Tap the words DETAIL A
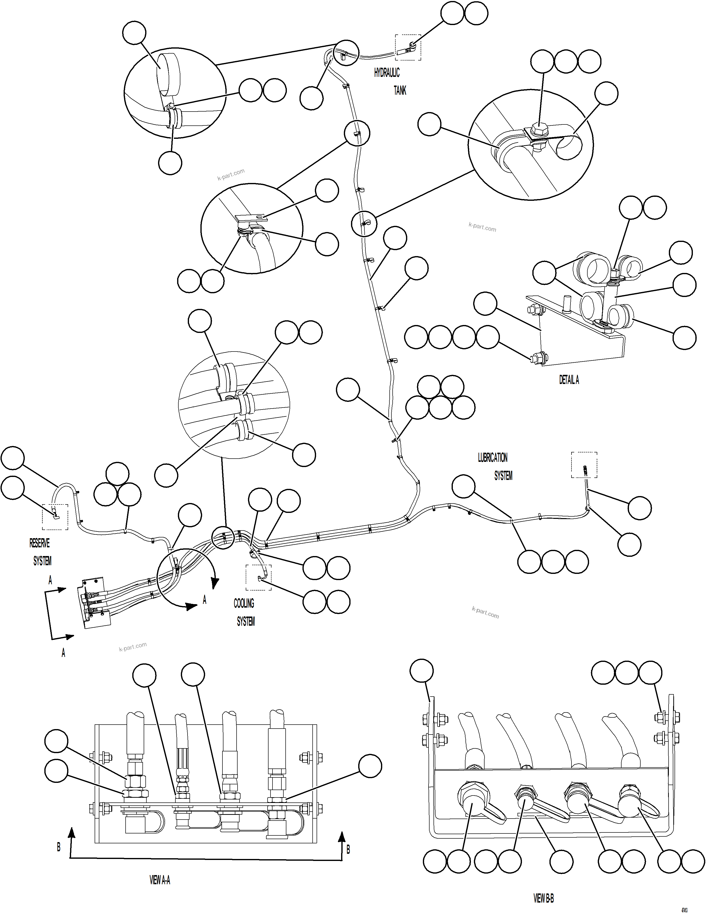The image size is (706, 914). click(x=569, y=380)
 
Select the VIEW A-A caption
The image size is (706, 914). click(x=160, y=880)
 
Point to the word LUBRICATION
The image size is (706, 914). click(x=493, y=457)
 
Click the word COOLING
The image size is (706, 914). click(x=244, y=603)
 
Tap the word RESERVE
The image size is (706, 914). click(x=39, y=543)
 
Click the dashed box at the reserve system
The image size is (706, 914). click(x=55, y=517)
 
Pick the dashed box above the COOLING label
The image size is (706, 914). click(x=258, y=578)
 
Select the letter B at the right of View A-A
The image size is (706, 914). click(x=348, y=850)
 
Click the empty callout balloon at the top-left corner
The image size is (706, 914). click(x=134, y=33)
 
